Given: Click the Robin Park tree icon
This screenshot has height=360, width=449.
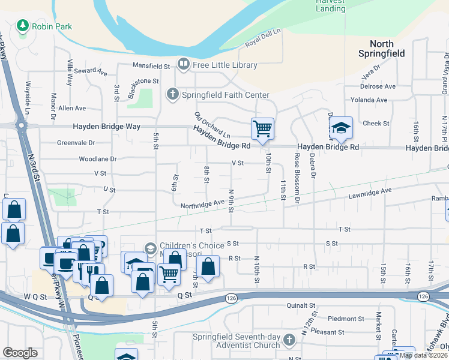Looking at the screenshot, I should click(x=23, y=26).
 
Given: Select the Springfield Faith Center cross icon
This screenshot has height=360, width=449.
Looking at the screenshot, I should click(x=173, y=94).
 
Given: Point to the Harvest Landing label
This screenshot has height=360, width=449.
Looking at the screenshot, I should click(x=331, y=5).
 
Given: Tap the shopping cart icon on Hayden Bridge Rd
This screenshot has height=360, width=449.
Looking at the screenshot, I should click(x=262, y=128).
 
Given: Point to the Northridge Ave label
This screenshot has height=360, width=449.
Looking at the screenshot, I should click(x=202, y=204).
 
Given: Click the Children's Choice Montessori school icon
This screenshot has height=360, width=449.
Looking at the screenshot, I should click(x=150, y=248).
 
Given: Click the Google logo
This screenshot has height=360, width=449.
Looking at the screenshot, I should click(x=20, y=352).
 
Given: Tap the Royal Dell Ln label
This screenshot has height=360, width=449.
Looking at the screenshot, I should click(x=263, y=38).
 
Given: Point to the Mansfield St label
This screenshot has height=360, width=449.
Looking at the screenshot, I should click(x=151, y=66).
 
